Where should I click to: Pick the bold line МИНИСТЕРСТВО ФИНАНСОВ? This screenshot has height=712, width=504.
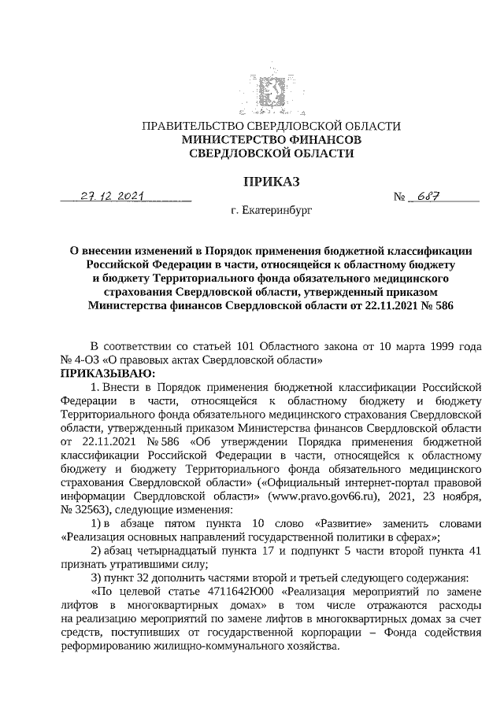271,139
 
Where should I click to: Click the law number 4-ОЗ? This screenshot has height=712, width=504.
87,360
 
